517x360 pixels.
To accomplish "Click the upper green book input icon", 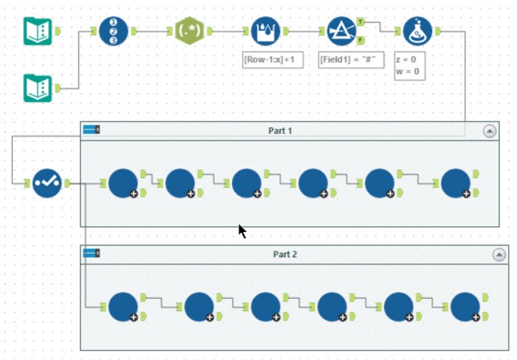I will point(38,31).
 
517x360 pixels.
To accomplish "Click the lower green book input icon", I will point(38,88).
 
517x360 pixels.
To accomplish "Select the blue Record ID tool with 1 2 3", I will point(114,31).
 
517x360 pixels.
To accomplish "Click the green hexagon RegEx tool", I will point(190,31).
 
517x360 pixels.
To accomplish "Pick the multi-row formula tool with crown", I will point(266,31).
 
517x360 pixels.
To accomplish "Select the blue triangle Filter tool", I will point(341,31).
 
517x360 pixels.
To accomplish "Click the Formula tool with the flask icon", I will point(417,31).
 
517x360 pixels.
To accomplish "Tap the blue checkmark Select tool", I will point(47,182).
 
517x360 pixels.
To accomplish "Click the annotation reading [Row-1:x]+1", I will point(273,60).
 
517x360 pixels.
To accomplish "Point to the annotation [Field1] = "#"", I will point(351,60).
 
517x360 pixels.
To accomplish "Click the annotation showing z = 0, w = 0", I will point(412,66).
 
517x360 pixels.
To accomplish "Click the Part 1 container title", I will point(280,131).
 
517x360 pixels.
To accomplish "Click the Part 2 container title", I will point(284,254).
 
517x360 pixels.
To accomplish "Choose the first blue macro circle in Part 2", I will point(123,306).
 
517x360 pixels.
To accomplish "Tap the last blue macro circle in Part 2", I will point(465,306).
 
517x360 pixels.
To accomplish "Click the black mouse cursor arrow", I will point(242,231).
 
